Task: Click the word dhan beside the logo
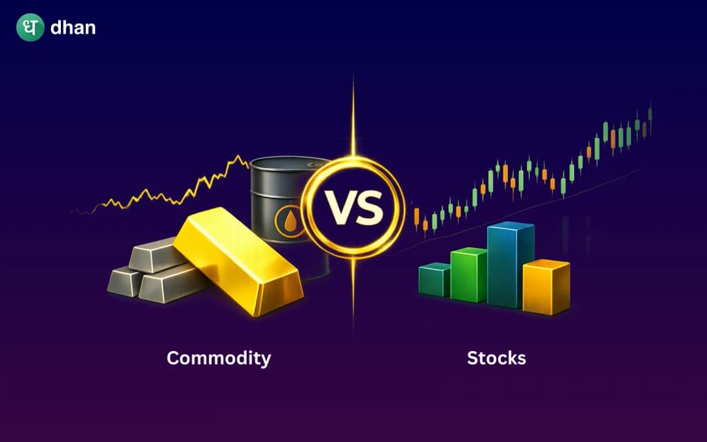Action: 73,28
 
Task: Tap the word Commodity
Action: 219,358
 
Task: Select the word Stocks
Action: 496,358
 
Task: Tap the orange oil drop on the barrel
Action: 289,223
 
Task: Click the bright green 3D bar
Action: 468,275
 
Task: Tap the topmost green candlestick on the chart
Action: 650,113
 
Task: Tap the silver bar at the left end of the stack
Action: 124,282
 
